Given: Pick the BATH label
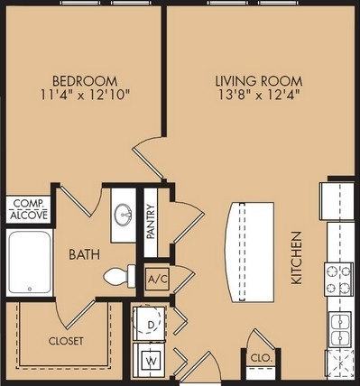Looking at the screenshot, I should click(84, 254).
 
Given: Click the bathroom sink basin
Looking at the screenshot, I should click(125, 215).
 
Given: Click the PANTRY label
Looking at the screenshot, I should click(152, 219).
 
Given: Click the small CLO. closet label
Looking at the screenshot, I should click(261, 360).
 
